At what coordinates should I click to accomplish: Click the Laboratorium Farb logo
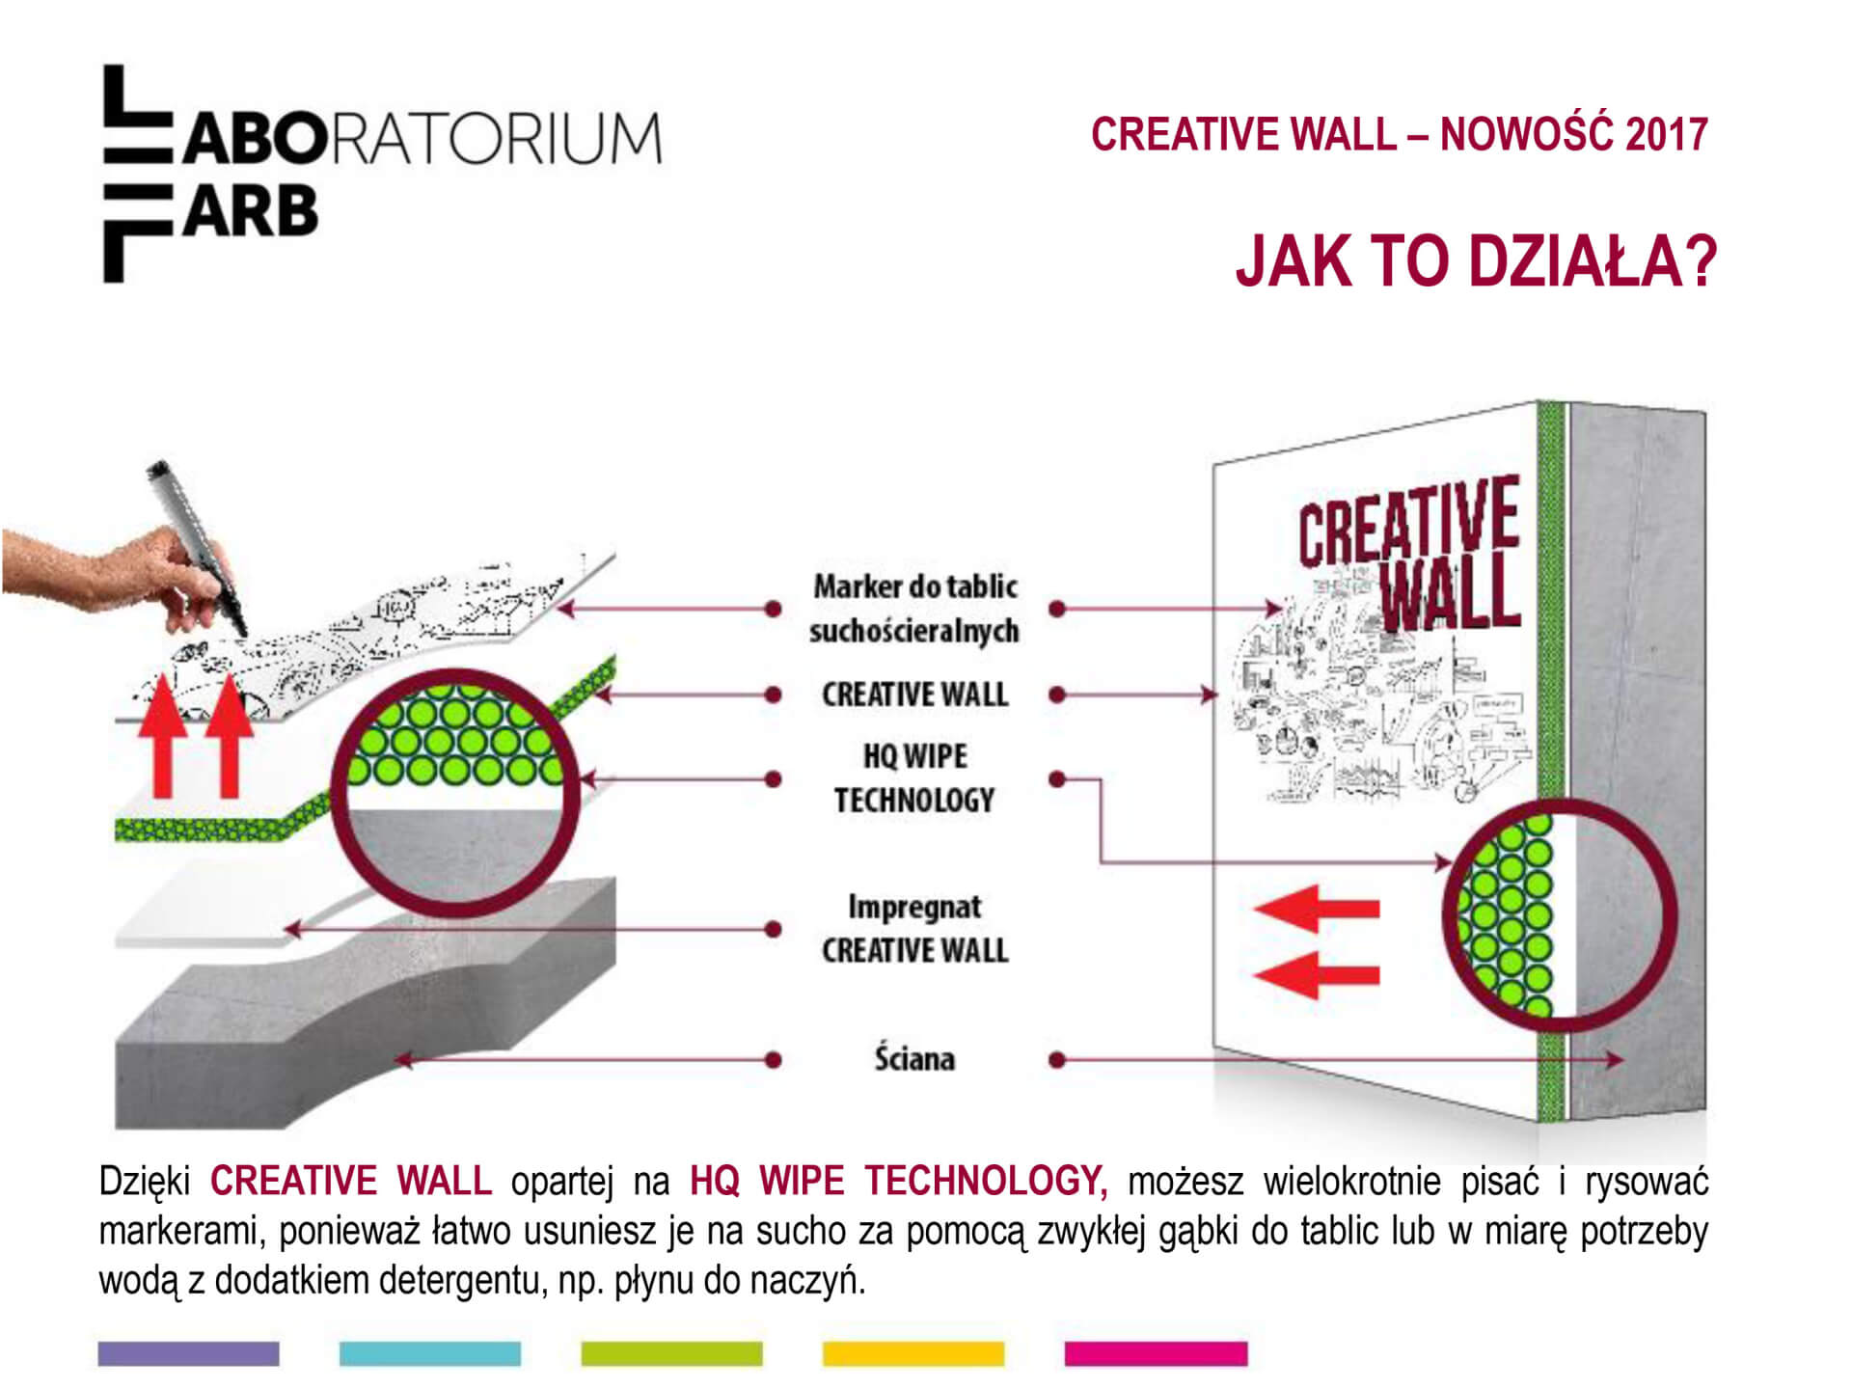click(x=382, y=174)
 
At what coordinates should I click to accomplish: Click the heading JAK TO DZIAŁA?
click(x=1476, y=260)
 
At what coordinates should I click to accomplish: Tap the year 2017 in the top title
click(x=1666, y=134)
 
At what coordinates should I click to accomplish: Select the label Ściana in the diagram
click(x=914, y=1058)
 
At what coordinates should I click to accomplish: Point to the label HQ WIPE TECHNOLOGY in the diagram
click(x=914, y=778)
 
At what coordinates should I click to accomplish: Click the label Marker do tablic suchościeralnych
click(x=914, y=608)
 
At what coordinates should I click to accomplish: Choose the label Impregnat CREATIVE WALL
click(x=914, y=928)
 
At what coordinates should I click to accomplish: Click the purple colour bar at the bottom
click(x=188, y=1353)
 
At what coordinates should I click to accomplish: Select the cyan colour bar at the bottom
click(x=430, y=1353)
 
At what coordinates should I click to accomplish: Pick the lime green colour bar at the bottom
click(x=671, y=1353)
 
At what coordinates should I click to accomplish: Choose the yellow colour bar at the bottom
click(x=913, y=1353)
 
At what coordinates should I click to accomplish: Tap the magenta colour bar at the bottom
click(x=1156, y=1353)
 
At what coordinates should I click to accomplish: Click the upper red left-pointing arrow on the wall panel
click(x=1317, y=909)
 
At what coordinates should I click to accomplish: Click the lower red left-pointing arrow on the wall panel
click(x=1317, y=973)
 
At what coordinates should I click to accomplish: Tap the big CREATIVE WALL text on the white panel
click(x=1410, y=555)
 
